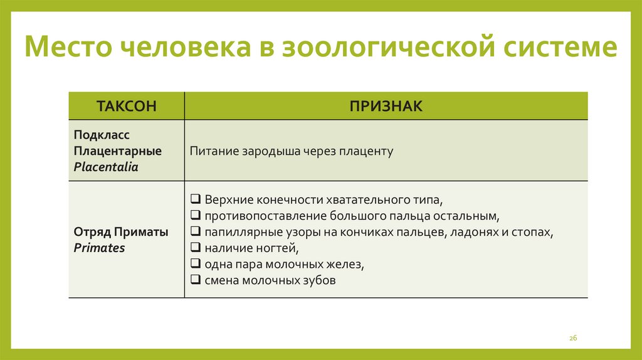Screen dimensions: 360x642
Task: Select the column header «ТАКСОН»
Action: pyautogui.click(x=126, y=105)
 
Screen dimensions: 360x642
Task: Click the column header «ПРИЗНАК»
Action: pyautogui.click(x=386, y=105)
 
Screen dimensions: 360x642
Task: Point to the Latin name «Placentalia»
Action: pyautogui.click(x=106, y=167)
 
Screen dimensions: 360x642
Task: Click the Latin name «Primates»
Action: pyautogui.click(x=100, y=248)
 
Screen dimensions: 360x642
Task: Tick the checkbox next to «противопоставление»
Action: pyautogui.click(x=196, y=216)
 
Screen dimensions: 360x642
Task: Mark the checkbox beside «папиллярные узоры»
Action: pyautogui.click(x=196, y=232)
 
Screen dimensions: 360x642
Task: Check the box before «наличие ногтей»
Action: pyautogui.click(x=196, y=248)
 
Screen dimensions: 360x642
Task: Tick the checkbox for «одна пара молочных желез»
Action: pyautogui.click(x=196, y=264)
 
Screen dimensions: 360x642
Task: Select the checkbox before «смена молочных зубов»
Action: pyautogui.click(x=196, y=280)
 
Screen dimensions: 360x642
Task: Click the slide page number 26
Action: pyautogui.click(x=572, y=338)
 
